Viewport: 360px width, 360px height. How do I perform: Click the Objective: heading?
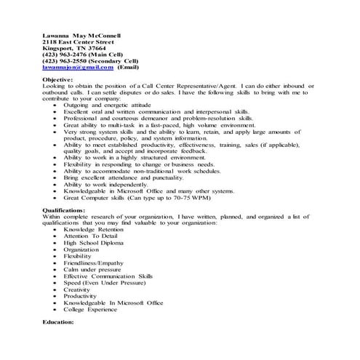click(58, 80)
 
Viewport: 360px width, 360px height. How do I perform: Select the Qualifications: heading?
click(64, 209)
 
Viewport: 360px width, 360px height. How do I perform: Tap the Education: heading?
click(59, 321)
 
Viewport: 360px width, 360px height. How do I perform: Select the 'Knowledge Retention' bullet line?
click(95, 228)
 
